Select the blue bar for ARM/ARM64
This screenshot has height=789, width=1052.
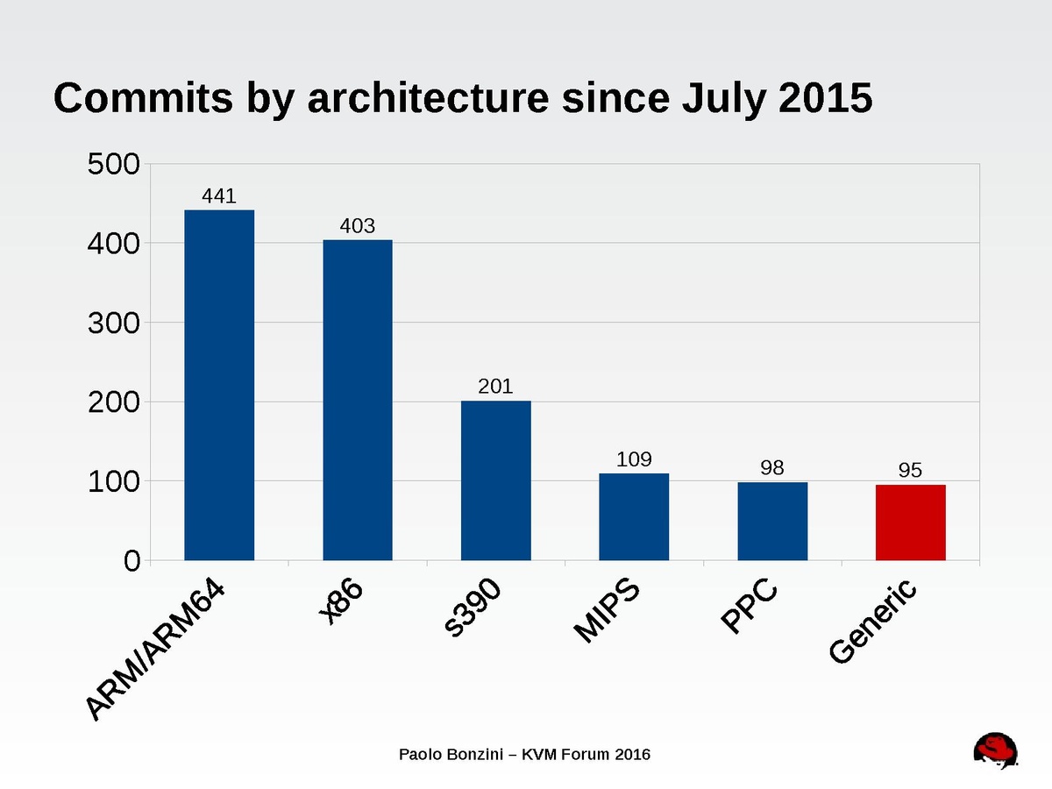click(219, 385)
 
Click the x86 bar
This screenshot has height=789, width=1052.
click(358, 400)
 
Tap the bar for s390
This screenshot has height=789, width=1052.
click(496, 480)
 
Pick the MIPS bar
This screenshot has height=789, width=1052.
click(634, 516)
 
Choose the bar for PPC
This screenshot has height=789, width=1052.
click(772, 521)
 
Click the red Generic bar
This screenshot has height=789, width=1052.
click(911, 522)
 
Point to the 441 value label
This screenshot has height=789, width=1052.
click(219, 196)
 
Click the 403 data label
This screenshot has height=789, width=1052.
click(358, 226)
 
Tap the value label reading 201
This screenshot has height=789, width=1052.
click(496, 387)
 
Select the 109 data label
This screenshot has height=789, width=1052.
click(634, 459)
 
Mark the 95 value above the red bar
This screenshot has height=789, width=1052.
click(911, 471)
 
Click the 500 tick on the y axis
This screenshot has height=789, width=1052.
click(113, 164)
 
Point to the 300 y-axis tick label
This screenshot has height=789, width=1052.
click(113, 323)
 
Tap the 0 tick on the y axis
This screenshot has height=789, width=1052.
click(131, 562)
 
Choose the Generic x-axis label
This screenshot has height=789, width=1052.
click(874, 621)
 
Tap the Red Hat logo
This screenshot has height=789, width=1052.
click(996, 752)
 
